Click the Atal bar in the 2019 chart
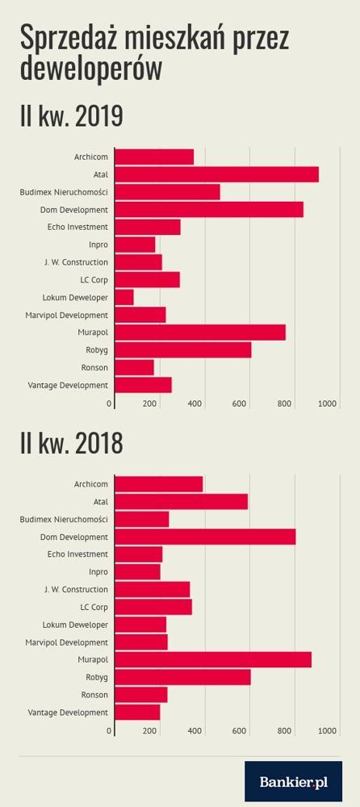tap(216, 174)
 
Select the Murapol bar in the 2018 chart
tap(213, 659)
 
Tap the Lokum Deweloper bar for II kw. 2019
tap(124, 298)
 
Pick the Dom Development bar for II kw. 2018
tap(205, 537)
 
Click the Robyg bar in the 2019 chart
tap(183, 350)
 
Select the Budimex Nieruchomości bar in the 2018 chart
tap(141, 519)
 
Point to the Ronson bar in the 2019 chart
tap(134, 367)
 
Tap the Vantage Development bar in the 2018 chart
tap(137, 713)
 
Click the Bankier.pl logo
tap(294, 782)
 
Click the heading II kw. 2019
tap(72, 116)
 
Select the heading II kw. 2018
tap(72, 444)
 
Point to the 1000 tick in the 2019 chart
tap(328, 404)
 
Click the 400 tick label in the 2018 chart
tap(195, 731)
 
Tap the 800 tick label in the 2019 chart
tap(285, 404)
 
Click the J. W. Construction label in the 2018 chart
tap(76, 589)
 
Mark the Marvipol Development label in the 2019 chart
tap(67, 315)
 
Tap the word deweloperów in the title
tap(91, 69)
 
